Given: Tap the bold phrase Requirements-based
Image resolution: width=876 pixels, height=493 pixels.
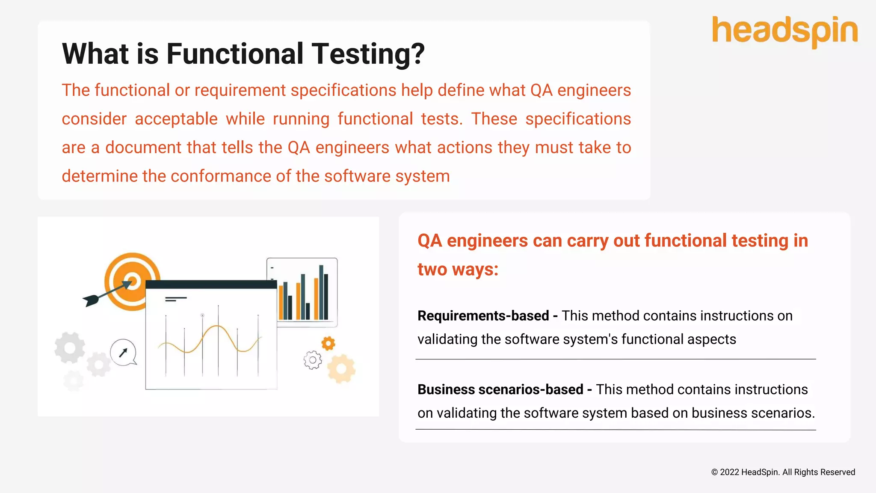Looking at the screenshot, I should click(483, 316).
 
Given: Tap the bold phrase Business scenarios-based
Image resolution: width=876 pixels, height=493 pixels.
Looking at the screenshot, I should click(500, 389).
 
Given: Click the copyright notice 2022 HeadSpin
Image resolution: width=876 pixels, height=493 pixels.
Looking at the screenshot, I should click(783, 472).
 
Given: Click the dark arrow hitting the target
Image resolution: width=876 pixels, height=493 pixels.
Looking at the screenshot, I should click(103, 295).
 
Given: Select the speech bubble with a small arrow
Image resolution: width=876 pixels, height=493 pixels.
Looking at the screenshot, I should click(123, 353).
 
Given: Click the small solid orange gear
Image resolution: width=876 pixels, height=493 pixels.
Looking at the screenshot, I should click(328, 343).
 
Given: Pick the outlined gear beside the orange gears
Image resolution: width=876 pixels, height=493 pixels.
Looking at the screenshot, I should click(313, 360).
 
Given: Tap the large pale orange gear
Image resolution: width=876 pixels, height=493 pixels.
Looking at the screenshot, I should click(341, 368).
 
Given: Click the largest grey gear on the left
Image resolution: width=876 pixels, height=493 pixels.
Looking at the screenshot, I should click(70, 347).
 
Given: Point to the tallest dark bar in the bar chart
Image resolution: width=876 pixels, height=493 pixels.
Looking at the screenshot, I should click(321, 292).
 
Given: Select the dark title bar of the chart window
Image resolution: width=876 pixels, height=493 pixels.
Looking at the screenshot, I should click(211, 285).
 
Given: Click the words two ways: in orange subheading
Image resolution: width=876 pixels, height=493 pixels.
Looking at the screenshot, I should click(458, 270).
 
